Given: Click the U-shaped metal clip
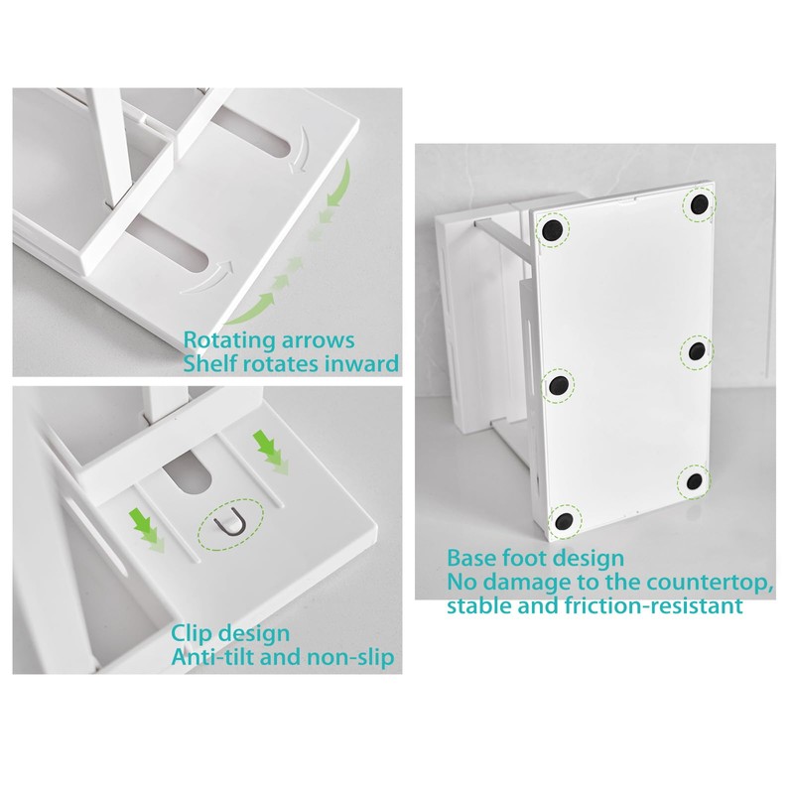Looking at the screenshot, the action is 230,525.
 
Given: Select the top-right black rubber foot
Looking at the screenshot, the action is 699,204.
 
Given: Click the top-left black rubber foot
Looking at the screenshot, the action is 552,230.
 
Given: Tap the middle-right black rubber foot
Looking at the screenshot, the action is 697,350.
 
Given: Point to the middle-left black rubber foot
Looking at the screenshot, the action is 560,386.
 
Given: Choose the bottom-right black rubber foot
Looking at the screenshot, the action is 694,481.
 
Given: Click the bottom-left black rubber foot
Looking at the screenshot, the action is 564,520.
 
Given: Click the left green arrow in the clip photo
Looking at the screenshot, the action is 146,530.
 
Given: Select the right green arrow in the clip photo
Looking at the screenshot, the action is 271,452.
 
